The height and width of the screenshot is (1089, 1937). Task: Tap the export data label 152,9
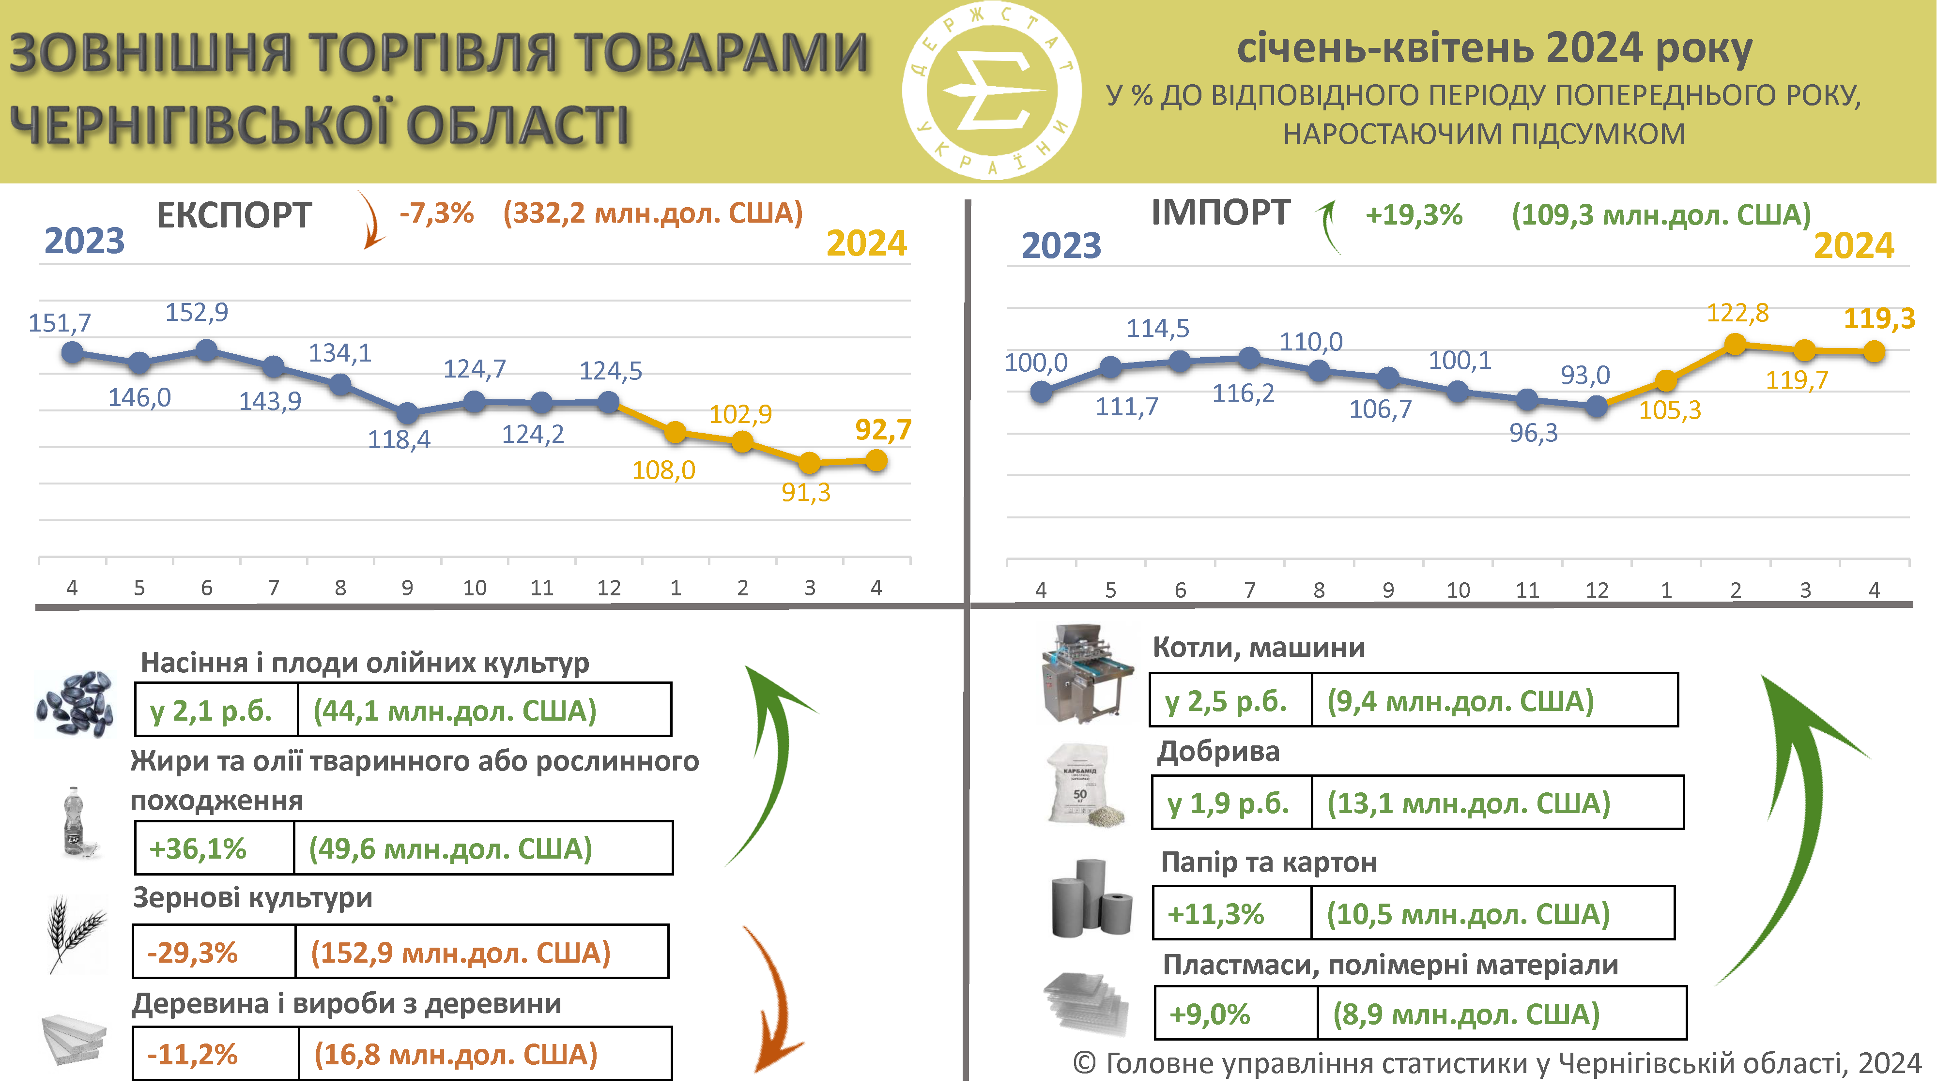(x=197, y=312)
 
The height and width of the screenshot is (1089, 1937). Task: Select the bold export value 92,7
(x=883, y=430)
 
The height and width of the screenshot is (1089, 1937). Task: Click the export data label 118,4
(x=399, y=439)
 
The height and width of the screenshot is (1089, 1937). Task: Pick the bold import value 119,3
(x=1879, y=318)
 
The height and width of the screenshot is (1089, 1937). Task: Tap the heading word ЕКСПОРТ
(x=234, y=216)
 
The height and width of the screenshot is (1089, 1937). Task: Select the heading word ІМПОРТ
(x=1220, y=212)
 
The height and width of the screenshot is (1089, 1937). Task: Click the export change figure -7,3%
(x=436, y=213)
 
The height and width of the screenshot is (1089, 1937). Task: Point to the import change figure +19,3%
(x=1414, y=216)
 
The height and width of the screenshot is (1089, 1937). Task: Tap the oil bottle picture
(x=75, y=823)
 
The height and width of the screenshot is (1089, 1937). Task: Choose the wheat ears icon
(x=75, y=932)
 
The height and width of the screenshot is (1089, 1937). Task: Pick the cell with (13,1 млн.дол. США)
(x=1496, y=802)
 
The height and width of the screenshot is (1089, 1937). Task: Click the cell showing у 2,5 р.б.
(x=1231, y=700)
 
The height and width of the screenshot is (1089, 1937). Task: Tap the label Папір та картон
(x=1269, y=862)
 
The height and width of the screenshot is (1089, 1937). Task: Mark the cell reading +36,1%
(x=215, y=848)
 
